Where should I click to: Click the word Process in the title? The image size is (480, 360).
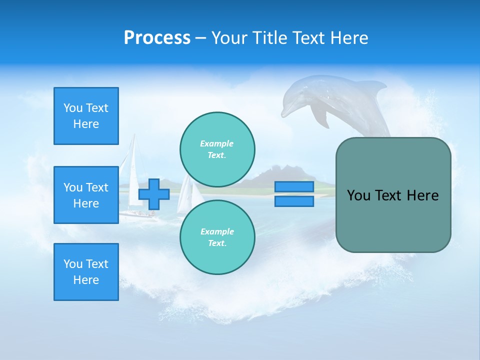(x=157, y=38)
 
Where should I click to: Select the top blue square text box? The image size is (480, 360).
(x=86, y=116)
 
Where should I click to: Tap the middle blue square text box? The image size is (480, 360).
(x=86, y=195)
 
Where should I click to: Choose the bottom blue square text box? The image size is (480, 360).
(x=86, y=272)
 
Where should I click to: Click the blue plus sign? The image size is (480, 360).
(x=154, y=194)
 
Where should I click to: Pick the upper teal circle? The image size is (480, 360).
(x=217, y=149)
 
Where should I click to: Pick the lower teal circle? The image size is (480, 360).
(x=217, y=237)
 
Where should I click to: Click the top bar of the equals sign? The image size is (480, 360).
(x=294, y=187)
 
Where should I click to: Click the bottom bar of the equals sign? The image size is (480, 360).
(x=294, y=201)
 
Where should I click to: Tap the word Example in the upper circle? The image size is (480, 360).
(x=217, y=143)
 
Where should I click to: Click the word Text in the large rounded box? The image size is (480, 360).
(x=387, y=195)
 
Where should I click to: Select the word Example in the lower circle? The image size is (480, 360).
(x=217, y=231)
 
